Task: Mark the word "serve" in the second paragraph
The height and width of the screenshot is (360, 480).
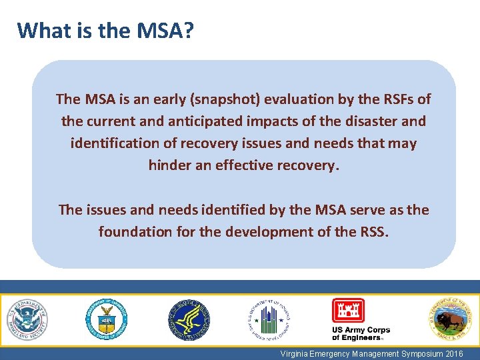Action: [x=366, y=210]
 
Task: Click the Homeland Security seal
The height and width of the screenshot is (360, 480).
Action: [x=27, y=319]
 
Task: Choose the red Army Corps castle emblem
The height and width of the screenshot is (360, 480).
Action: [x=348, y=311]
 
